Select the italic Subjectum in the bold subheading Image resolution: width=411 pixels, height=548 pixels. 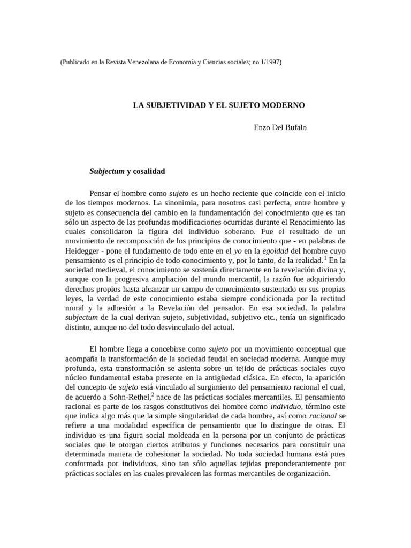(106, 171)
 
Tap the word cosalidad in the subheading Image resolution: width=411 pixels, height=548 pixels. (150, 171)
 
